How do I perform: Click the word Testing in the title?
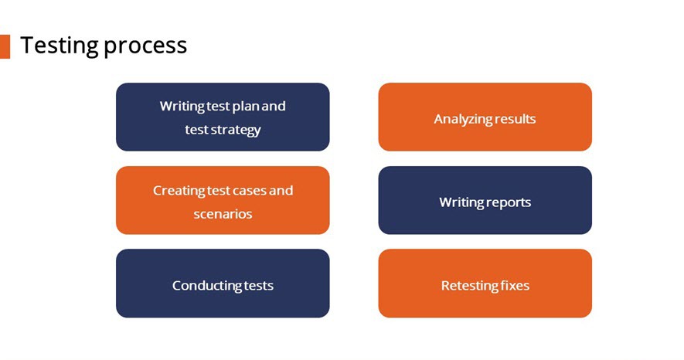60,46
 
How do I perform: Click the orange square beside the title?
5,46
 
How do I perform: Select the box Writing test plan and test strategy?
223,117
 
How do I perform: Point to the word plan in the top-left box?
246,107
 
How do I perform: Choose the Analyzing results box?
485,117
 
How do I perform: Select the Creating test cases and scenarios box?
223,200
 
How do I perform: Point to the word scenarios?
223,214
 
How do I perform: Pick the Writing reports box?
485,200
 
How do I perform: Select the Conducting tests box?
223,284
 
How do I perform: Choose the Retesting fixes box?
485,284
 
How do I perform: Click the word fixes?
516,286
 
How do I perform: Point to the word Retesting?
469,286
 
